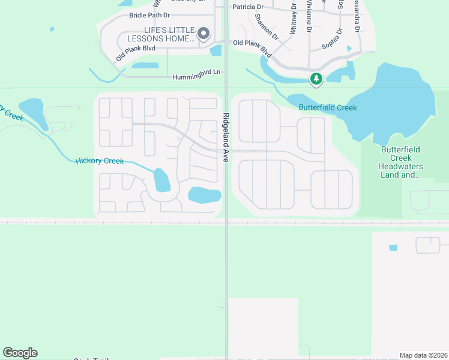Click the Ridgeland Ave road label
[226, 137]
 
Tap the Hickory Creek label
[100, 161]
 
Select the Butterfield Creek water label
[328, 107]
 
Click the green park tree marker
[316, 79]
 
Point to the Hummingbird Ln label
[196, 77]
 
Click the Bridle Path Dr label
[150, 15]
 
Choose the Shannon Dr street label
[267, 27]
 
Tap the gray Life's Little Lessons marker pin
[203, 34]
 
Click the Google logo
[20, 353]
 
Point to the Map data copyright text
[423, 355]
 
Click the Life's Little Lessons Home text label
[161, 34]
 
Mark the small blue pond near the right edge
[393, 248]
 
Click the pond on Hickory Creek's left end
[31, 110]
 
